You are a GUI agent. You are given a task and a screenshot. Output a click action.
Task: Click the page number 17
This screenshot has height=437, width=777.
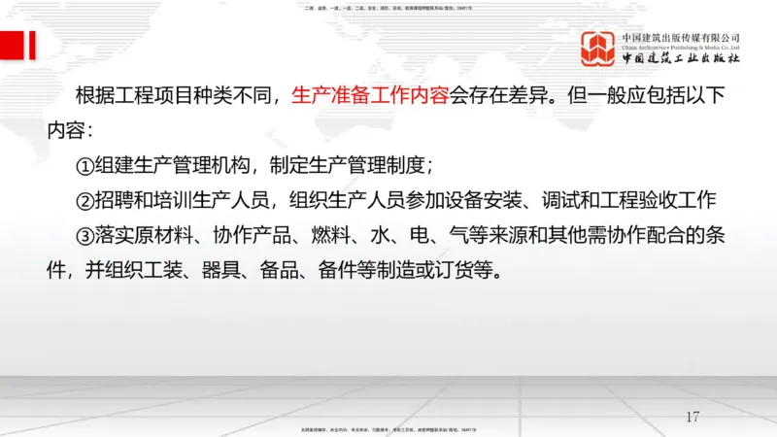click(x=693, y=417)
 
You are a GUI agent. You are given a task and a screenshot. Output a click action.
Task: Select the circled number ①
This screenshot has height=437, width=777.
click(x=84, y=164)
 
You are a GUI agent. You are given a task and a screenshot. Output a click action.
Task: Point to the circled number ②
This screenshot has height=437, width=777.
click(x=84, y=199)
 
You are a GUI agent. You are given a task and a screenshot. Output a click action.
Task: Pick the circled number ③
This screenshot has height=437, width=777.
click(x=84, y=235)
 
